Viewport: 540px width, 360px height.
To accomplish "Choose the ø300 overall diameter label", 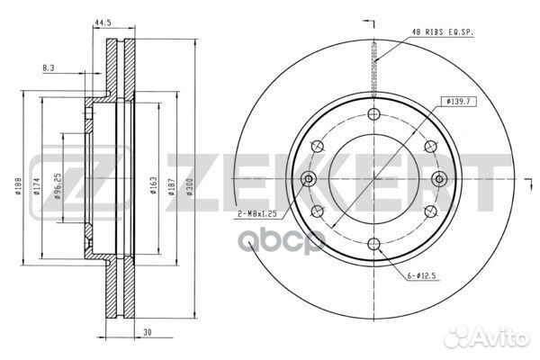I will (x=190, y=186).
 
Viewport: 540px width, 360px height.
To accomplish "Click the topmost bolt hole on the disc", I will (x=373, y=114).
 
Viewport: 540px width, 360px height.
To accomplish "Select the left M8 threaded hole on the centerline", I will (x=310, y=178).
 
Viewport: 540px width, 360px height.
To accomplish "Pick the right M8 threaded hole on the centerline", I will (x=437, y=178).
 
